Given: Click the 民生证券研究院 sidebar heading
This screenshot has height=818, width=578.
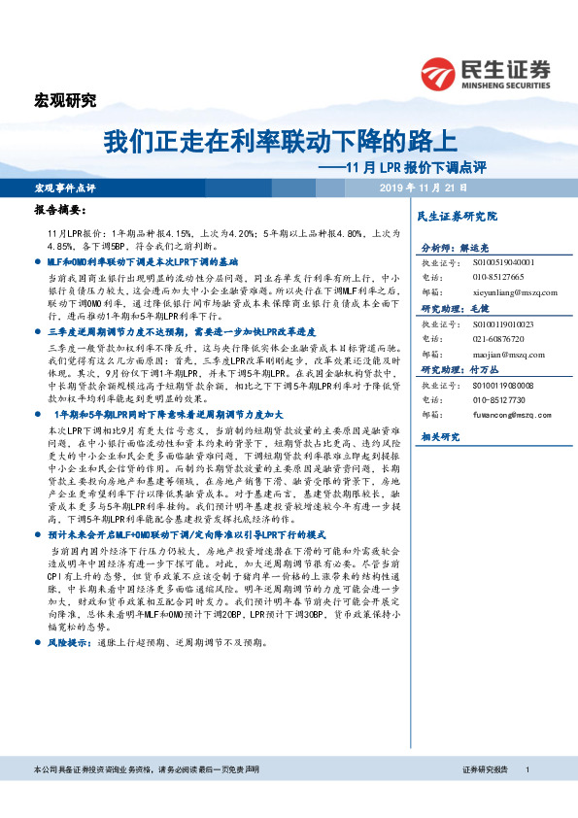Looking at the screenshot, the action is point(456,215).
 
